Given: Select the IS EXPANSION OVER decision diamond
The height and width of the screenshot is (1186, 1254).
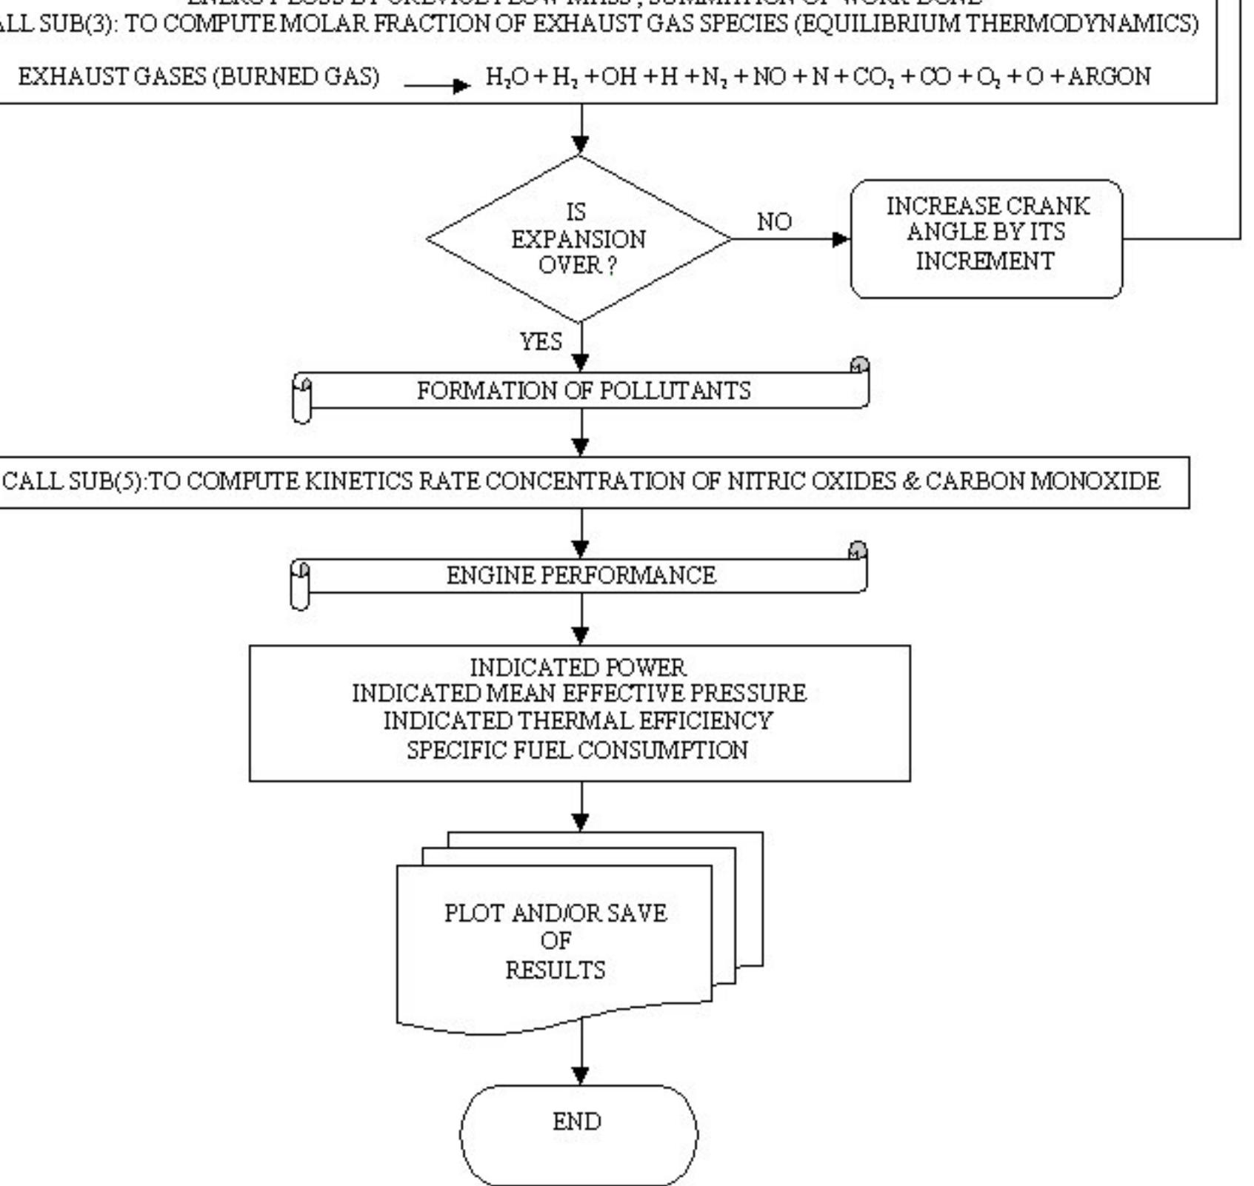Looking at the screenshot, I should pos(578,239).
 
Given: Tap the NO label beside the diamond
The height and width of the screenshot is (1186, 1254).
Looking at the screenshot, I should pos(774,221).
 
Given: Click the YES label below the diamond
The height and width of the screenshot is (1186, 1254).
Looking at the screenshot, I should pos(541,342).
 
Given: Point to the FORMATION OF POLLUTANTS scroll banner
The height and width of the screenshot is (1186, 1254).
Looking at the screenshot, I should pos(583,391).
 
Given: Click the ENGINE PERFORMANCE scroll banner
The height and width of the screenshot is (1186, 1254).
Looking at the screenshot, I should pos(581,576).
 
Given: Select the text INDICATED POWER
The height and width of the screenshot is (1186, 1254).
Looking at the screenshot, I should pos(578,668).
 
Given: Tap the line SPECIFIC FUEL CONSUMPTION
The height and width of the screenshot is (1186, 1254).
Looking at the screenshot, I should pos(577,750).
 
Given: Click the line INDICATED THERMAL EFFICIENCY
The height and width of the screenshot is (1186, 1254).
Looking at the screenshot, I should pos(578,721).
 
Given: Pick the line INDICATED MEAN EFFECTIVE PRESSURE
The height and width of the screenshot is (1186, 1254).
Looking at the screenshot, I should pos(578,694).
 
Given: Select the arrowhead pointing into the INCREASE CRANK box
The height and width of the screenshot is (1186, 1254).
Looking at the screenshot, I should pos(841,239).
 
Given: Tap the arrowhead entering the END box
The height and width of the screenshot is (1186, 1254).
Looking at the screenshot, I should pos(581,1075).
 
